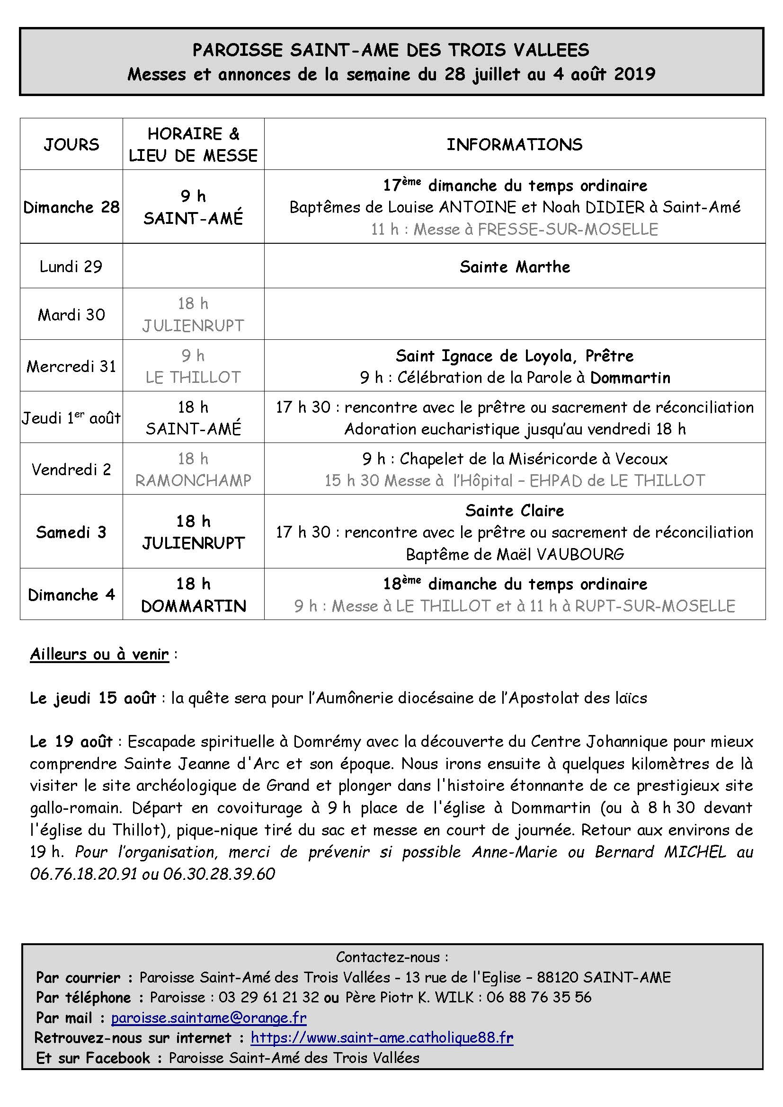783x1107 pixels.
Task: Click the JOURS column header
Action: [x=71, y=145]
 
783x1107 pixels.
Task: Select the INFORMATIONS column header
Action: [x=515, y=145]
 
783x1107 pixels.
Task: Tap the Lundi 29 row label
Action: [x=71, y=266]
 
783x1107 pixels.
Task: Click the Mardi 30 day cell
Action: [x=71, y=315]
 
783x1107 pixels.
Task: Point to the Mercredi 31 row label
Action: [x=71, y=366]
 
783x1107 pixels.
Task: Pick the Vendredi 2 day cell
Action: [x=71, y=469]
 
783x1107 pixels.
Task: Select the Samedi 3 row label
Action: [x=71, y=532]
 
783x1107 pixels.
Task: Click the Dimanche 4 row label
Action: [x=71, y=595]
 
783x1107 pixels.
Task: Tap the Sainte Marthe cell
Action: [x=515, y=266]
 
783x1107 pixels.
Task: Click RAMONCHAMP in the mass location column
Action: [x=193, y=481]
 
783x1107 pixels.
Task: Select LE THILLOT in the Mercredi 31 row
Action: [x=193, y=378]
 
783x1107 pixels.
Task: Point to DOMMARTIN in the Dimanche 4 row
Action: [x=193, y=606]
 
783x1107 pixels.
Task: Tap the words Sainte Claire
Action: [x=515, y=511]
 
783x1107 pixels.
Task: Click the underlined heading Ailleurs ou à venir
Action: [x=100, y=654]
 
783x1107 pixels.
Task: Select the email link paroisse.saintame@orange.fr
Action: [x=209, y=1018]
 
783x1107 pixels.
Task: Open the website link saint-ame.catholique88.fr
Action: [x=382, y=1037]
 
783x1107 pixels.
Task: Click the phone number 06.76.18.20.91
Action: [x=83, y=873]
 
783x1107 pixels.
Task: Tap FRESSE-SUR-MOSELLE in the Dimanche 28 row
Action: [x=568, y=230]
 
